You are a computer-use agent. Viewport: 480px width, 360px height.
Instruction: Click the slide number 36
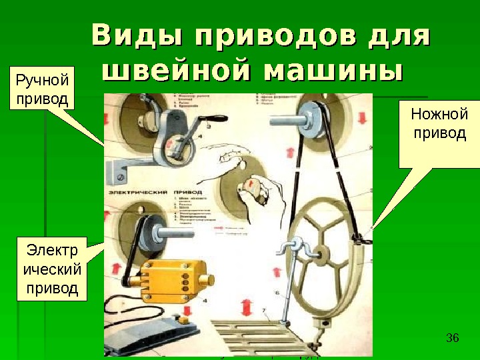pyautogui.click(x=452, y=337)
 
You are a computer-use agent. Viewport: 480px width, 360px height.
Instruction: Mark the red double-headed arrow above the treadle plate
pyautogui.click(x=247, y=308)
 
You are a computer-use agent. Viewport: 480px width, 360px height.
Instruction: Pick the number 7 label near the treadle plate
pyautogui.click(x=265, y=311)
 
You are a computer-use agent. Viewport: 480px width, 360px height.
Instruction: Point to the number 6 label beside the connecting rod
pyautogui.click(x=277, y=293)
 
